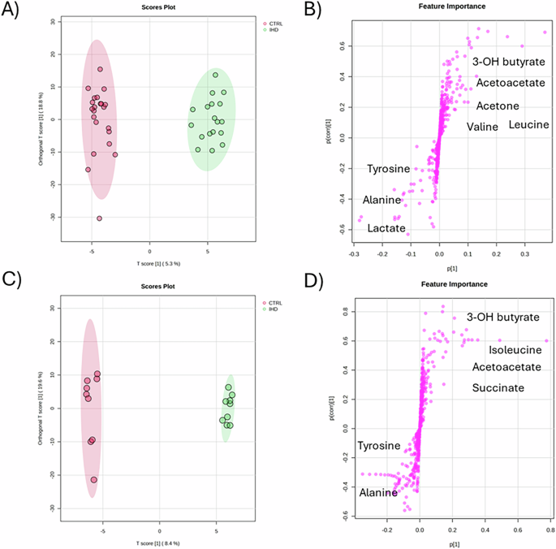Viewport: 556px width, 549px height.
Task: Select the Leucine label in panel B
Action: click(528, 124)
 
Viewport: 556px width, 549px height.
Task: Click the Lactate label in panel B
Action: click(386, 230)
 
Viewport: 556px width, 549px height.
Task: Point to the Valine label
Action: click(483, 127)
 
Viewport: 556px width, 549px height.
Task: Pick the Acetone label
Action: click(497, 106)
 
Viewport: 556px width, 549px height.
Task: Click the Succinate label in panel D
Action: click(498, 388)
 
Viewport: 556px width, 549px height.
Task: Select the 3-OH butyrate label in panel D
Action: click(502, 318)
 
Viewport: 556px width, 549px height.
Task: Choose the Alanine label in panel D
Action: click(378, 492)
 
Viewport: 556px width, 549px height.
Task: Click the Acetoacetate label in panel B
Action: click(510, 82)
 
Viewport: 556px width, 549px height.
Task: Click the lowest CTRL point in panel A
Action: click(99, 218)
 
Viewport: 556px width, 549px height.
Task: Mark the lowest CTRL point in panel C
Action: click(93, 480)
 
